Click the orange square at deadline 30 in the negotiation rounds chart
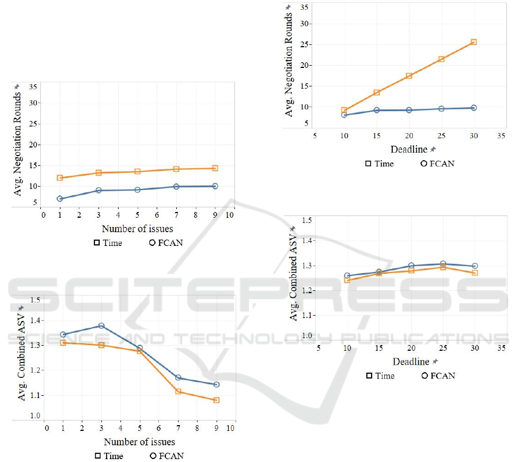(x=473, y=42)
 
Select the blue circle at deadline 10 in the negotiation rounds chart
(x=344, y=115)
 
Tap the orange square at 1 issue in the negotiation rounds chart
(x=60, y=178)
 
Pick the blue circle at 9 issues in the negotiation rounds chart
(x=215, y=186)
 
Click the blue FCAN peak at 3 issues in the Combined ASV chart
(x=101, y=326)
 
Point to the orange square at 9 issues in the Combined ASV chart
(x=216, y=400)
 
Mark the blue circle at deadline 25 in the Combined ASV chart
(x=443, y=264)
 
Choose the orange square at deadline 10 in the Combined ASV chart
(x=347, y=280)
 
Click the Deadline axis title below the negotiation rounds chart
(x=409, y=150)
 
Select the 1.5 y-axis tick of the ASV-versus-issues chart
(x=36, y=300)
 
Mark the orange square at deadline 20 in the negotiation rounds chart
(x=409, y=76)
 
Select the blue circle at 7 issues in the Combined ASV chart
(x=178, y=378)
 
